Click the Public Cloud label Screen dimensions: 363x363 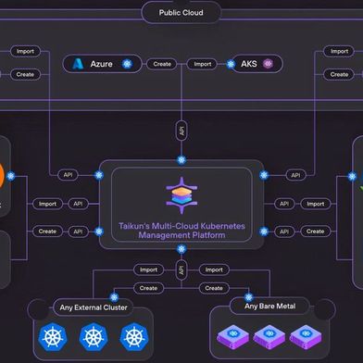181,13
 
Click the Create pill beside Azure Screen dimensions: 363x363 162,64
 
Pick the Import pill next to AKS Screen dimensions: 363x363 201,64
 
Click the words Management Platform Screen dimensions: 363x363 181,236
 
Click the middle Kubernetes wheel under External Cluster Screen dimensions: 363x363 94,337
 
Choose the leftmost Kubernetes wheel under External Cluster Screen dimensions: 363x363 52,337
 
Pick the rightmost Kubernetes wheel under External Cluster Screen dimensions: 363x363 135,337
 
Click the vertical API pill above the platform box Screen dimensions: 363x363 181,132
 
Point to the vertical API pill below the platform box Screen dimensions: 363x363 181,269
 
